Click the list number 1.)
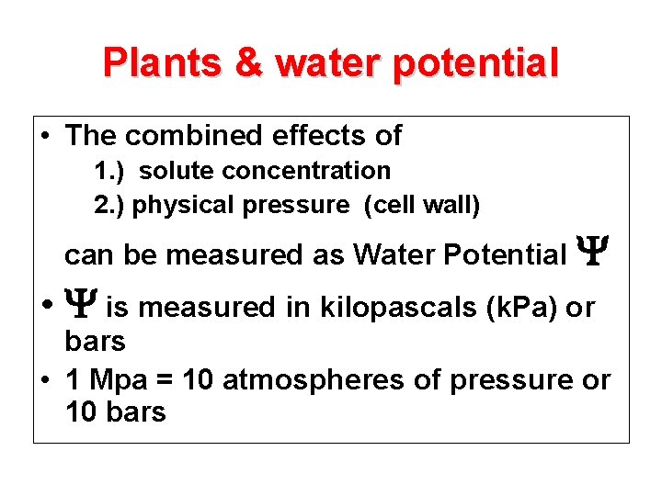tap(112, 171)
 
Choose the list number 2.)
tap(110, 206)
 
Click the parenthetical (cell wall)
tap(422, 206)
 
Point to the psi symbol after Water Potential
tap(588, 252)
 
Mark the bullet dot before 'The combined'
tap(44, 137)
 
